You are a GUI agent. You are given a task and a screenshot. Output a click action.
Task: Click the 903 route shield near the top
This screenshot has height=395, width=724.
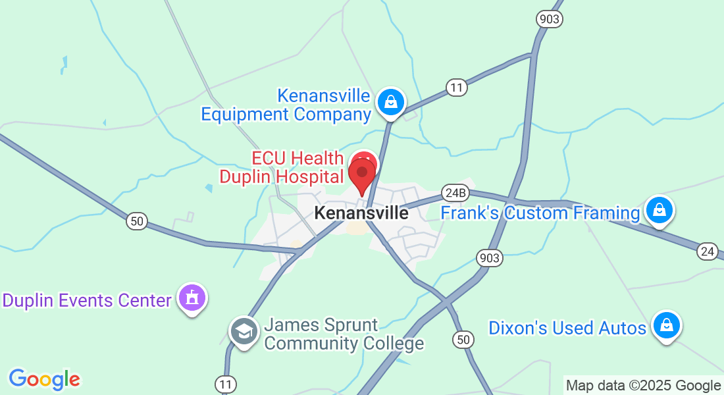[x=549, y=18]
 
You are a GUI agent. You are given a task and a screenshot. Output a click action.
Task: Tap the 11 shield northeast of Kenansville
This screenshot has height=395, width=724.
[x=456, y=87]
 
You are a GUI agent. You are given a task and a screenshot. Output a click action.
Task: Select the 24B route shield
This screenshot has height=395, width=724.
[x=455, y=193]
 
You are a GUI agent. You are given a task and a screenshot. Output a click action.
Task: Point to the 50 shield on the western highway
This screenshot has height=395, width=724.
[x=137, y=221]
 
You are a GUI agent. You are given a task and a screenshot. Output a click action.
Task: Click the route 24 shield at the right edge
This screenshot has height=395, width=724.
[x=708, y=251]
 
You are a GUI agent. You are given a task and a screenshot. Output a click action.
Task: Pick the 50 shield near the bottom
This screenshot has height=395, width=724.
[x=463, y=340]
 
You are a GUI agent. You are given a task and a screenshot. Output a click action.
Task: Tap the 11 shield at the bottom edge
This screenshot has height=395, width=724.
[x=224, y=382]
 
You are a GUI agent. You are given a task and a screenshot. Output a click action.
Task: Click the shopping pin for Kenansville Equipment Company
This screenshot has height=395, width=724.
[x=391, y=103]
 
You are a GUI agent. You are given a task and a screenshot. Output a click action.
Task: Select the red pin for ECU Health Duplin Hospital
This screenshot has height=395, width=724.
[x=362, y=174]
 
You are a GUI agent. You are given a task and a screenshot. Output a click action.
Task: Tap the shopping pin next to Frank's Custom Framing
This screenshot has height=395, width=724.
[x=658, y=211]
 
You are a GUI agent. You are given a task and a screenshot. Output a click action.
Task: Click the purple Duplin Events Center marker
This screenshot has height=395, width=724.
[x=192, y=298]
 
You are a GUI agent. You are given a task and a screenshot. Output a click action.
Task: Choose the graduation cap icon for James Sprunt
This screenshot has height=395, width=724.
[x=244, y=332]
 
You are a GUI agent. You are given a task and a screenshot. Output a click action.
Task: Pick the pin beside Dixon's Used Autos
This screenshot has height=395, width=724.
[x=667, y=325]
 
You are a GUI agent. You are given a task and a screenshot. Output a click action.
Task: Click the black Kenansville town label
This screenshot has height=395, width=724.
[x=361, y=213]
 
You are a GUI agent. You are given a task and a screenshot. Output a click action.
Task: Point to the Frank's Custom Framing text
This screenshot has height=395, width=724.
[x=540, y=213]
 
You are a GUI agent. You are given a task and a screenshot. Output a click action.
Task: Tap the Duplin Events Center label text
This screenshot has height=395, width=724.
[x=87, y=301]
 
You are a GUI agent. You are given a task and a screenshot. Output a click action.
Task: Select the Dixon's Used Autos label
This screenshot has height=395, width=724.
[x=567, y=328]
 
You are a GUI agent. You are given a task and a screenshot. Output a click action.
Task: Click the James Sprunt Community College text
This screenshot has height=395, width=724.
[x=344, y=334]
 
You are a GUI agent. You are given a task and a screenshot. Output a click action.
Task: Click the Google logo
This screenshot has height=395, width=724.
[x=44, y=379]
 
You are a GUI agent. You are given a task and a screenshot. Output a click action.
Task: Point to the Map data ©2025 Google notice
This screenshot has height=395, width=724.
[x=644, y=385]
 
